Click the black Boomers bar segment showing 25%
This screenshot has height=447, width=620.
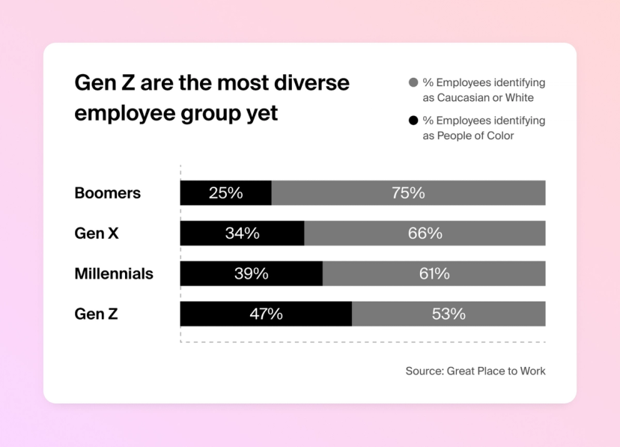pos(225,193)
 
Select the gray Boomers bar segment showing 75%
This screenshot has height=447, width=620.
pos(408,193)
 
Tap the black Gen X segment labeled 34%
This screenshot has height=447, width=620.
pos(242,234)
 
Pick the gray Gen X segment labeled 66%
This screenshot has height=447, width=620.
pos(425,234)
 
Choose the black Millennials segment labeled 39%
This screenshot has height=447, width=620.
pos(251,274)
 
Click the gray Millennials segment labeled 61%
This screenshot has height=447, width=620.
pos(434,274)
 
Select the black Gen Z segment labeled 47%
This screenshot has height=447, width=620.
pos(266,314)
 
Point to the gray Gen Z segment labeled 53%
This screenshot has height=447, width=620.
pos(449,314)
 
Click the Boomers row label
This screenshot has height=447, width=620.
pos(107,193)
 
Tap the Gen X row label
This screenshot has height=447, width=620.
pos(96,234)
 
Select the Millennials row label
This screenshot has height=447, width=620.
pos(114,274)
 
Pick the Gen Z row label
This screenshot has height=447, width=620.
pos(96,314)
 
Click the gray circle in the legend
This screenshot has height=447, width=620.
pos(413,82)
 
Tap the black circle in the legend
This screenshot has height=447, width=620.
pos(413,121)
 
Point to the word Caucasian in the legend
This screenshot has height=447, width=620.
pos(463,97)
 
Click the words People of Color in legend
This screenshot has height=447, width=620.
pos(476,136)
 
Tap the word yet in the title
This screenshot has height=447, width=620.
pos(261,113)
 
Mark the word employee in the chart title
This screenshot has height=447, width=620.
pos(124,113)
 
